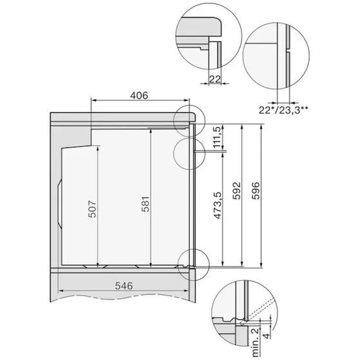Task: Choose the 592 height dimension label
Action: coord(236,193)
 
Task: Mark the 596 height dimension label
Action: coord(256,193)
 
